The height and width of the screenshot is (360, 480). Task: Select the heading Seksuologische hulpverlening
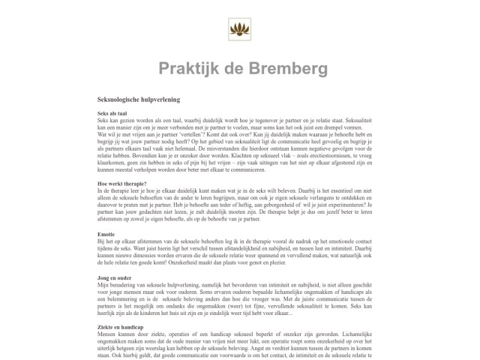139,98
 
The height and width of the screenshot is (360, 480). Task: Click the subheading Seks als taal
112,113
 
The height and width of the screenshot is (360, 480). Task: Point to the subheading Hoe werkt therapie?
121,184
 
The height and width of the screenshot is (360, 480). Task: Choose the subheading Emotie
107,233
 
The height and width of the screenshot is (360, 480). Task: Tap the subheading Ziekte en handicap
122,328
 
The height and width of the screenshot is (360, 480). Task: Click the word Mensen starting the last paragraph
108,335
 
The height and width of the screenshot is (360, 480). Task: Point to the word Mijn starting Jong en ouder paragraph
104,286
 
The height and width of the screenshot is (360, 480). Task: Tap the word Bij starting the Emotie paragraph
101,241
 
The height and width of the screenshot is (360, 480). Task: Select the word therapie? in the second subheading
133,184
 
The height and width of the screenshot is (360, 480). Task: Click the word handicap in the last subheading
133,328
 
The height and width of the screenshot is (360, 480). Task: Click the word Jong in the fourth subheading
104,278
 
